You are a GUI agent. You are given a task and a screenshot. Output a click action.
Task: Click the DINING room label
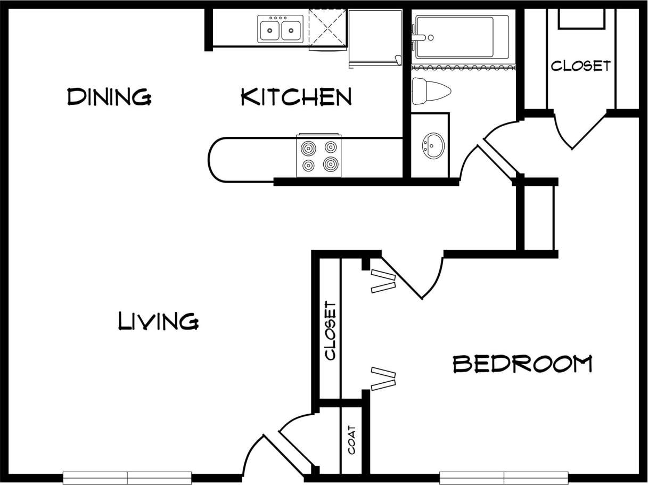pyautogui.click(x=109, y=97)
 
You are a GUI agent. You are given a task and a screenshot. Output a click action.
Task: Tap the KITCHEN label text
pyautogui.click(x=296, y=97)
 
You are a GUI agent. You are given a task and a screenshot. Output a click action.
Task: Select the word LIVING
pyautogui.click(x=158, y=322)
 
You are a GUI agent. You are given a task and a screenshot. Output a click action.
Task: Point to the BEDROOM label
pyautogui.click(x=522, y=364)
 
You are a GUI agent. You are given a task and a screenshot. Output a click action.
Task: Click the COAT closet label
pyautogui.click(x=352, y=440)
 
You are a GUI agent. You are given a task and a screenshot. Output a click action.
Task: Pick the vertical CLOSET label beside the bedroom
pyautogui.click(x=330, y=331)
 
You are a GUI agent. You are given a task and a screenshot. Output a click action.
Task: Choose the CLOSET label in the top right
pyautogui.click(x=580, y=66)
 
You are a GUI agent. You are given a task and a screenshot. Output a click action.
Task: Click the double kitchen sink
pyautogui.click(x=280, y=29)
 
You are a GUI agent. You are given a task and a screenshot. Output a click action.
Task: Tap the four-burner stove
pyautogui.click(x=319, y=155)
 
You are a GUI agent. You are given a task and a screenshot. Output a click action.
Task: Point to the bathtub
pyautogui.click(x=461, y=37)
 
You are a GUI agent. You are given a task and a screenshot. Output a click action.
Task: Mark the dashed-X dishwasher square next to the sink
pyautogui.click(x=327, y=29)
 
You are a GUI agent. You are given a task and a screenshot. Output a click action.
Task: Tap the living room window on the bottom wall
pyautogui.click(x=127, y=478)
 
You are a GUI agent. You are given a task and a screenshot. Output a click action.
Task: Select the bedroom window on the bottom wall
pyautogui.click(x=503, y=478)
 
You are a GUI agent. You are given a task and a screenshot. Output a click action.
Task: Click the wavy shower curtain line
pyautogui.click(x=463, y=68)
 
